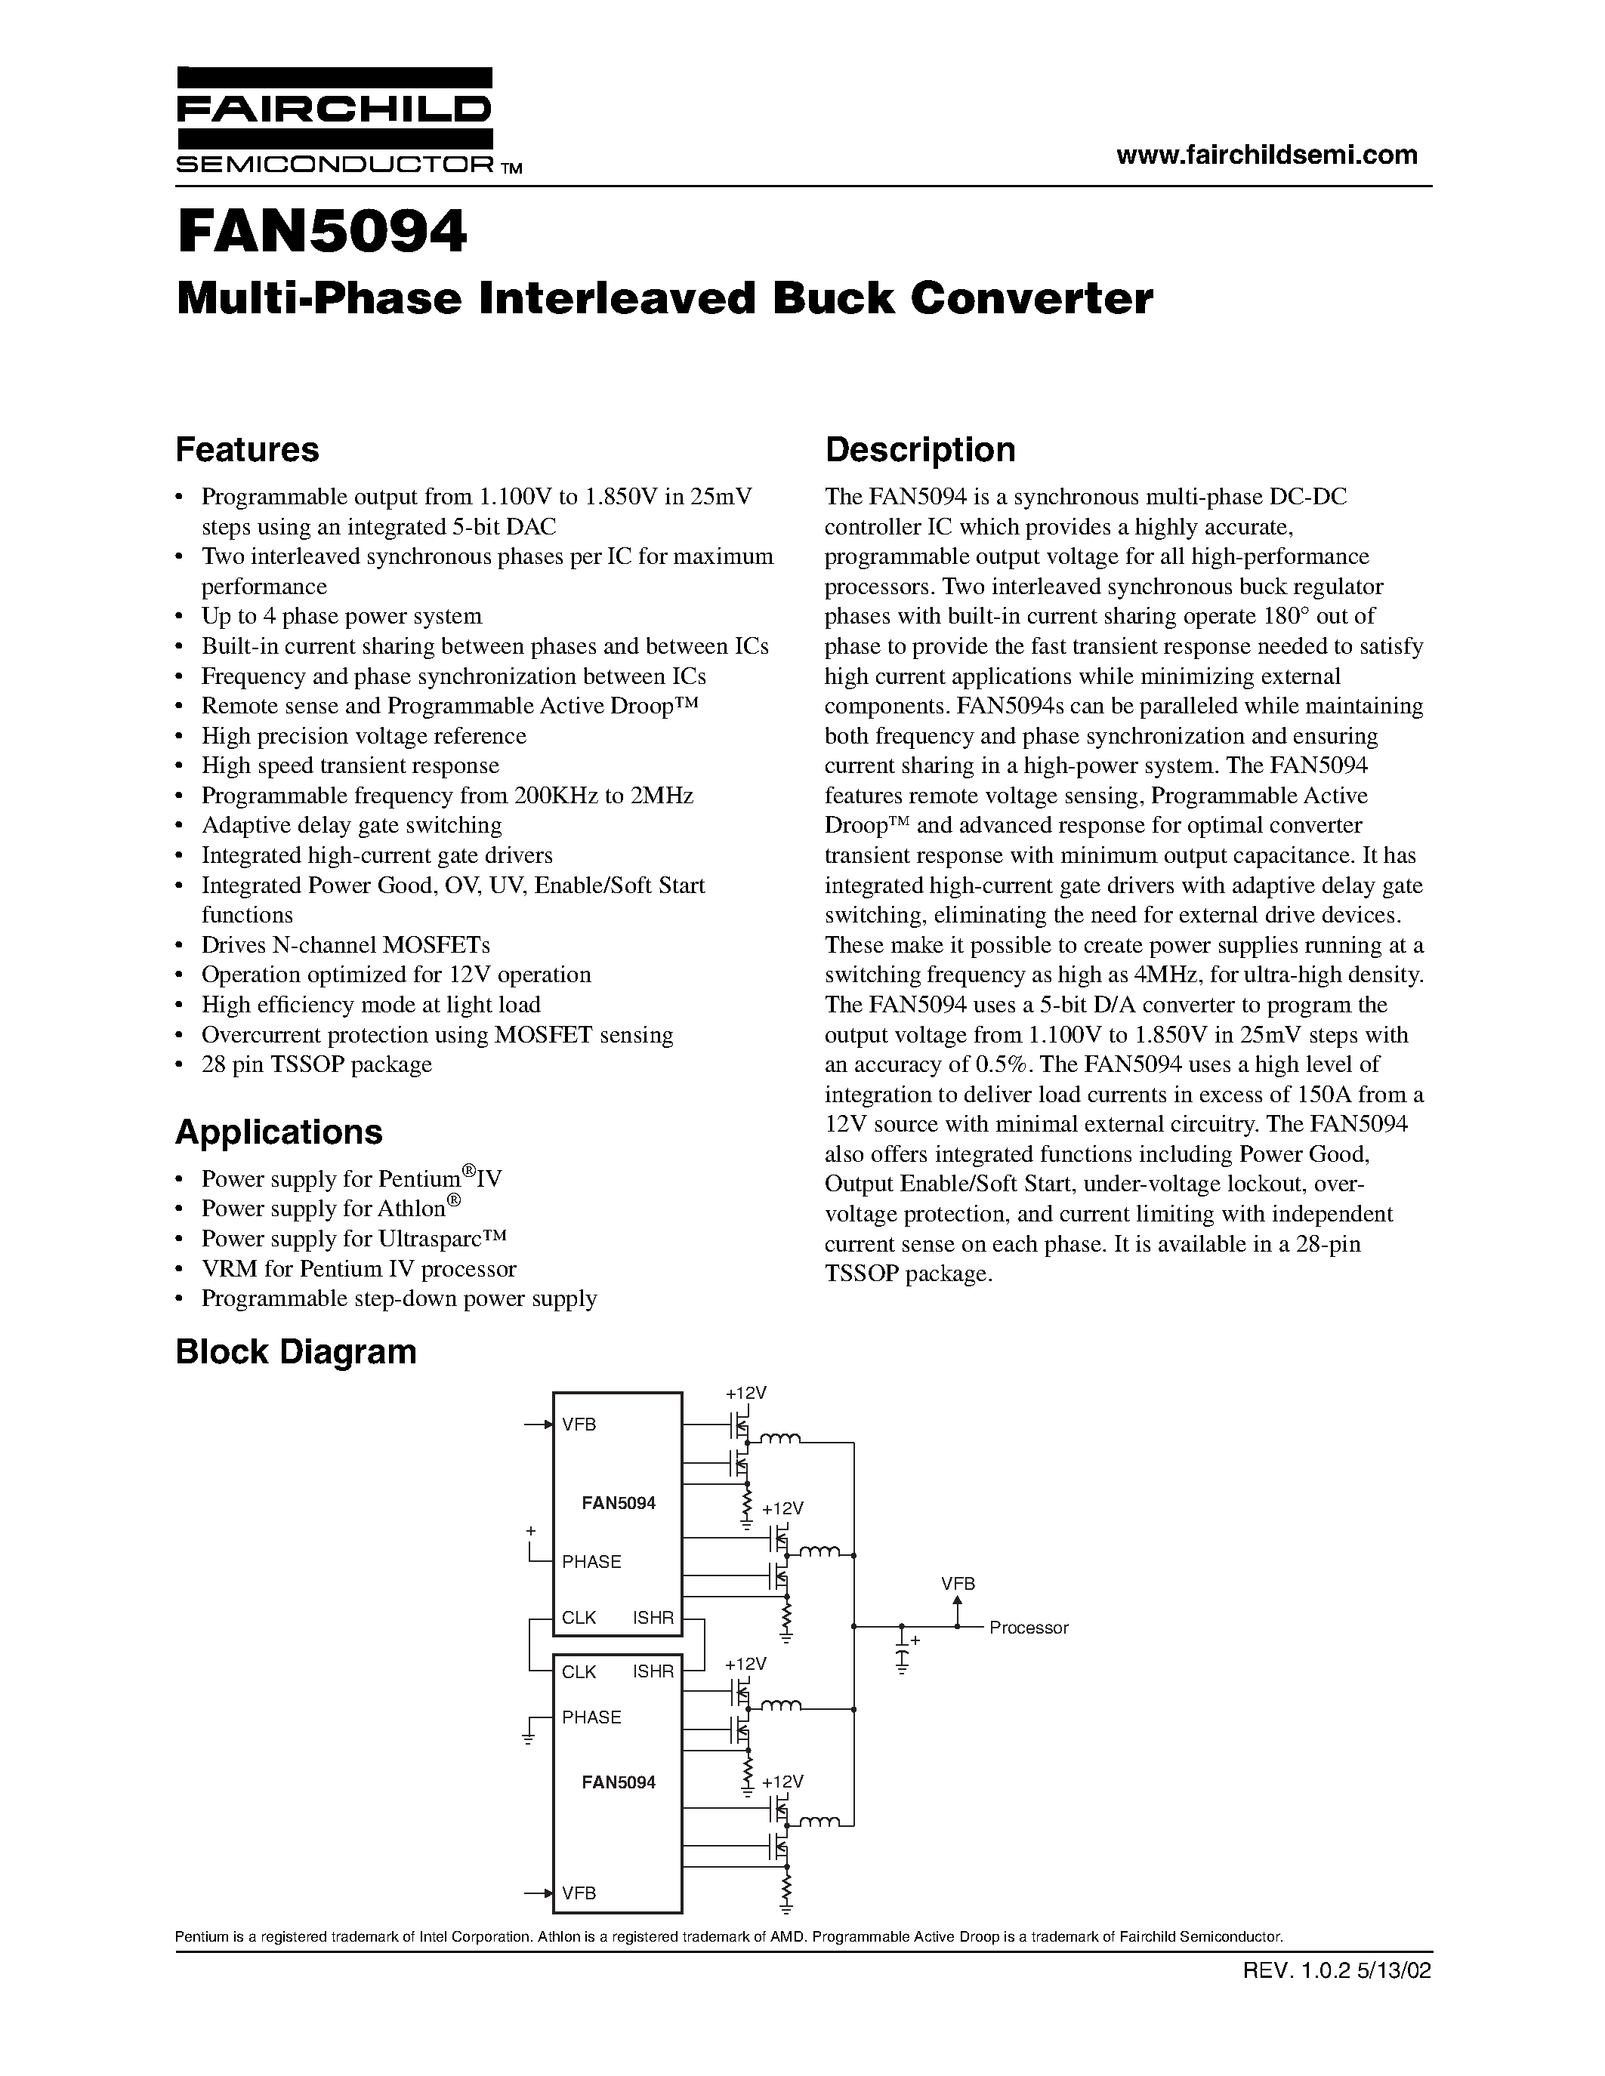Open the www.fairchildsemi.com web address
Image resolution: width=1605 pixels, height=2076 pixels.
(x=1267, y=154)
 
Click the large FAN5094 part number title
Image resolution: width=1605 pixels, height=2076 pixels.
(x=322, y=233)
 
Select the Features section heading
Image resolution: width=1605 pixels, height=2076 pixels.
(x=247, y=450)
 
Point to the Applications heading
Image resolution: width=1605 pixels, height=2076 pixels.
(x=279, y=1132)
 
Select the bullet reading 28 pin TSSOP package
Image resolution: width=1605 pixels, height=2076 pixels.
(x=316, y=1064)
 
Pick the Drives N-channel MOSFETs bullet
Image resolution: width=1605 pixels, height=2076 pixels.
(x=345, y=945)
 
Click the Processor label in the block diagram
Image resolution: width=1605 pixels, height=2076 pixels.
(x=1029, y=1628)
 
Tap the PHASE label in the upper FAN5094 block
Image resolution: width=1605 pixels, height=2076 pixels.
(x=591, y=1562)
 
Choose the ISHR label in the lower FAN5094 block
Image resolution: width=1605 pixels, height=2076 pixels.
(x=653, y=1672)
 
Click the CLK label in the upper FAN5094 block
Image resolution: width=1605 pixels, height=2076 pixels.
(x=579, y=1618)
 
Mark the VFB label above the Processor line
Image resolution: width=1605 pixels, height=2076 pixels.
(x=958, y=1585)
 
